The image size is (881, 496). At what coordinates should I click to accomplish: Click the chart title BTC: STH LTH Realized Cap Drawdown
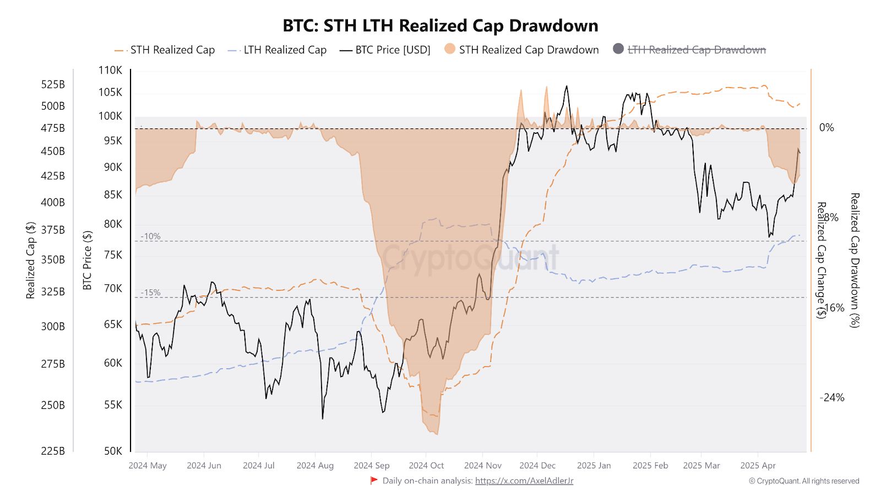pos(440,26)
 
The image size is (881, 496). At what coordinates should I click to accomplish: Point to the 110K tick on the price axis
pos(110,70)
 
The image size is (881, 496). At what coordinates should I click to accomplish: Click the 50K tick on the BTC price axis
pos(113,451)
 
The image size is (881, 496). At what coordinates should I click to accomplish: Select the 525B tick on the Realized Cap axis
pos(53,84)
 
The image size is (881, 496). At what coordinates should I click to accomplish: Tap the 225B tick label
pos(53,451)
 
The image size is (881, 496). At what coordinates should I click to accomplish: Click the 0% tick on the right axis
pos(826,128)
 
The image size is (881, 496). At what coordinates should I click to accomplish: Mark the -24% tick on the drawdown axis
pos(831,397)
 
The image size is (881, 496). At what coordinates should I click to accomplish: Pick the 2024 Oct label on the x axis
pos(426,466)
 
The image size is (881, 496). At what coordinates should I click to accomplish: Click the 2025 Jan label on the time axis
pos(594,466)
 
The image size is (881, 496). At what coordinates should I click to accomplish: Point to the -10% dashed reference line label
pos(150,236)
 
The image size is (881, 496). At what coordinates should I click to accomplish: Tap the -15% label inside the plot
pos(150,293)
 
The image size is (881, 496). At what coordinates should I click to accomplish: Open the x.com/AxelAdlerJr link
pos(524,481)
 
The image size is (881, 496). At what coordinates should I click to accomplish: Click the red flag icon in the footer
pos(374,481)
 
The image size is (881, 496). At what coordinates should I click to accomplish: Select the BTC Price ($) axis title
pos(87,260)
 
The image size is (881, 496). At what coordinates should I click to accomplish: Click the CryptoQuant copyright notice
pos(803,481)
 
